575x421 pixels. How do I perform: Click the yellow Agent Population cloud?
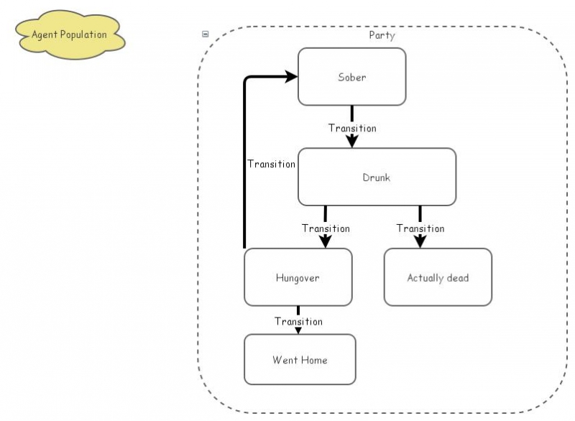tap(70, 34)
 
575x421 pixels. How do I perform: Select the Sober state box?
tap(351, 77)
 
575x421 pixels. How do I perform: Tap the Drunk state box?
tap(377, 177)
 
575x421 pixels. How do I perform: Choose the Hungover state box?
tap(298, 277)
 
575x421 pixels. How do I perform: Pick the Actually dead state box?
tap(438, 277)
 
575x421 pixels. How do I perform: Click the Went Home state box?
tap(300, 359)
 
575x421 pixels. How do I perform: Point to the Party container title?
tap(382, 35)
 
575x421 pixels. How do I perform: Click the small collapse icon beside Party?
tap(206, 34)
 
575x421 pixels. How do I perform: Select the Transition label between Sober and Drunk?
tap(352, 128)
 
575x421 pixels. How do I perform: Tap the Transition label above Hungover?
tap(326, 228)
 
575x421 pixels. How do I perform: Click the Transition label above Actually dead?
tap(420, 228)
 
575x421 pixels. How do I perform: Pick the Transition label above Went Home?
tap(298, 321)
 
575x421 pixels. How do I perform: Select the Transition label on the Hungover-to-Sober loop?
tap(271, 164)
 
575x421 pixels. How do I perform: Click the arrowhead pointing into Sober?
tap(292, 76)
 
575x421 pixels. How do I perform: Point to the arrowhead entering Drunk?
tap(352, 142)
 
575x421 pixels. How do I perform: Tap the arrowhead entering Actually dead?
tap(420, 241)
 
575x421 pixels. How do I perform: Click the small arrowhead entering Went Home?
tap(298, 330)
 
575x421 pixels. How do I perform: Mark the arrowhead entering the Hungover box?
tap(326, 241)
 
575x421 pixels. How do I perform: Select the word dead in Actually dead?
tap(456, 277)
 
